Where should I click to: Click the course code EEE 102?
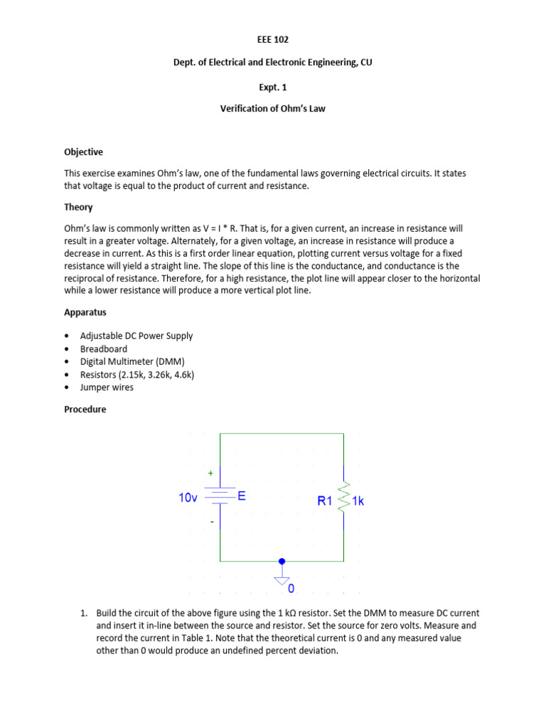(272, 40)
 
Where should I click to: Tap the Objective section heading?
(83, 151)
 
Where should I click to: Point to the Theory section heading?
(78, 207)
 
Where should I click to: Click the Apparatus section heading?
(84, 312)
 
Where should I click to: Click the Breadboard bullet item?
(104, 348)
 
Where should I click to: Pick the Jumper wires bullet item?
(107, 387)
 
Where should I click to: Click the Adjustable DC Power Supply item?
(136, 336)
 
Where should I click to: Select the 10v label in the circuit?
(188, 498)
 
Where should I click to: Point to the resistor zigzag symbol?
(345, 497)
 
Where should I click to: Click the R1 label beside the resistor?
(325, 500)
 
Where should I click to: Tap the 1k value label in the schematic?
(358, 500)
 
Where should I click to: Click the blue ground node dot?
(282, 561)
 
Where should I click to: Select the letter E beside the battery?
(242, 497)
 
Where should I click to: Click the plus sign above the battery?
(210, 473)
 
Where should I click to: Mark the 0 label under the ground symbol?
(290, 589)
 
